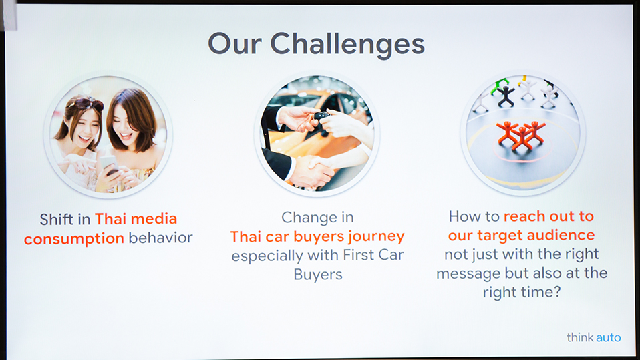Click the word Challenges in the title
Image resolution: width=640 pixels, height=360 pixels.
click(x=347, y=45)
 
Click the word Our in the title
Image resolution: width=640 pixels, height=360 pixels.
click(x=234, y=43)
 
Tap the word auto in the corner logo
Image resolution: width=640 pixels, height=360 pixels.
click(x=608, y=337)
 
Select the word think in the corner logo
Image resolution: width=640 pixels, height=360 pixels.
click(x=580, y=337)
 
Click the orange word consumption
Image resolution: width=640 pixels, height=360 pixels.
click(x=74, y=239)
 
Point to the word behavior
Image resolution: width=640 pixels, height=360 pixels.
click(x=160, y=238)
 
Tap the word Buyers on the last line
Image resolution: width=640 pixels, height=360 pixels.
click(x=318, y=275)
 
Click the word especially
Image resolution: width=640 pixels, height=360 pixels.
click(x=267, y=256)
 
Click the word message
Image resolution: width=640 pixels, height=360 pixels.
click(x=468, y=273)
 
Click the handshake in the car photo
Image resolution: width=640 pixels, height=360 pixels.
click(x=312, y=170)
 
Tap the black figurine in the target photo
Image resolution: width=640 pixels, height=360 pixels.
click(x=506, y=97)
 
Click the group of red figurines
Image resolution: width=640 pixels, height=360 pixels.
click(x=521, y=134)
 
